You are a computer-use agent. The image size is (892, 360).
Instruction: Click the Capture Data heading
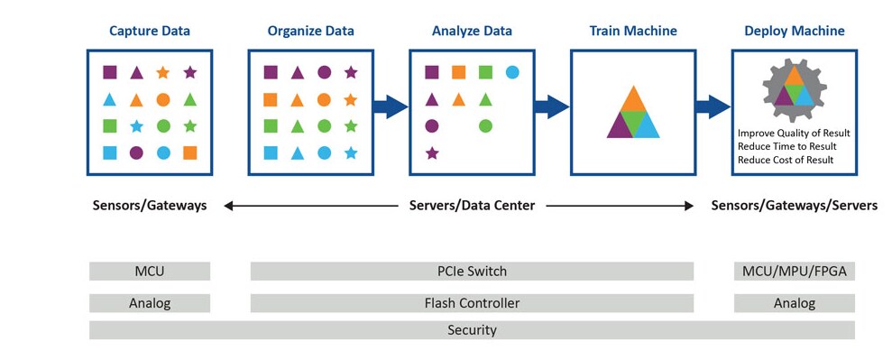[x=150, y=31]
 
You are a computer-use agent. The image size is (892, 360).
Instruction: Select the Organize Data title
[x=310, y=31]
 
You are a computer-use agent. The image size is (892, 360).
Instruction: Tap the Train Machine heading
[x=632, y=31]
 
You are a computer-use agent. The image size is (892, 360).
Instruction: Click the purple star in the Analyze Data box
[x=432, y=153]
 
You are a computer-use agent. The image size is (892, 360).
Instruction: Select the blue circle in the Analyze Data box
[x=512, y=71]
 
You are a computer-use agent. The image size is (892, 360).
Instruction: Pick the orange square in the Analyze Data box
[x=458, y=71]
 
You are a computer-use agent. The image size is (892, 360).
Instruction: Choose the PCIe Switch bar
[x=472, y=271]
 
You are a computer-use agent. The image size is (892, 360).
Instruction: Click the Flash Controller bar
[x=472, y=303]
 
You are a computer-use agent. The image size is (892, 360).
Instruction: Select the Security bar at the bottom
[x=472, y=330]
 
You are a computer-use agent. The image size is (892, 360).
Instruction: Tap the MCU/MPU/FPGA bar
[x=794, y=271]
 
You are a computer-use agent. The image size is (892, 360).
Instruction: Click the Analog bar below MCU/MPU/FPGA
[x=794, y=303]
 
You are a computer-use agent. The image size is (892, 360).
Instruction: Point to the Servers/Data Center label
[x=472, y=206]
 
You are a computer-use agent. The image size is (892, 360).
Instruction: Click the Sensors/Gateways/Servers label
[x=794, y=206]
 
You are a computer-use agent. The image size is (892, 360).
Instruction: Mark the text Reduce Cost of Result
[x=785, y=160]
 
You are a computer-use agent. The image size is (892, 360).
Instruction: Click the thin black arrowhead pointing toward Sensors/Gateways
[x=229, y=206]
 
